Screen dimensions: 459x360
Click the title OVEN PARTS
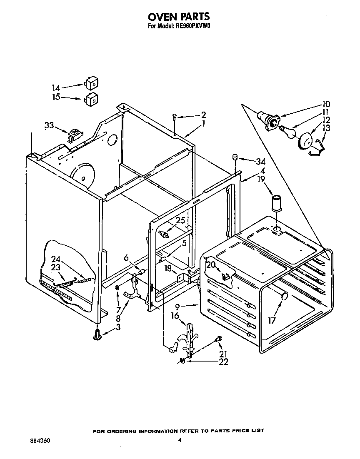(x=179, y=17)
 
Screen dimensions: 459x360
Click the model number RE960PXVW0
(x=194, y=27)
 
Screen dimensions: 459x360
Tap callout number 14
(x=56, y=88)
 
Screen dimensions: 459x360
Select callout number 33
(x=49, y=125)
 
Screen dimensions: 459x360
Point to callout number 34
(x=261, y=162)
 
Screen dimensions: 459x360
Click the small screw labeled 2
(x=175, y=117)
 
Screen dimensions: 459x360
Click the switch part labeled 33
(x=74, y=135)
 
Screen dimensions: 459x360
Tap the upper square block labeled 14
(x=92, y=83)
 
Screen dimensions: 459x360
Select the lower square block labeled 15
(x=92, y=100)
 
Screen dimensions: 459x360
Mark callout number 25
(x=180, y=220)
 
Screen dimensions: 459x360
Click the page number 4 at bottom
(x=180, y=440)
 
